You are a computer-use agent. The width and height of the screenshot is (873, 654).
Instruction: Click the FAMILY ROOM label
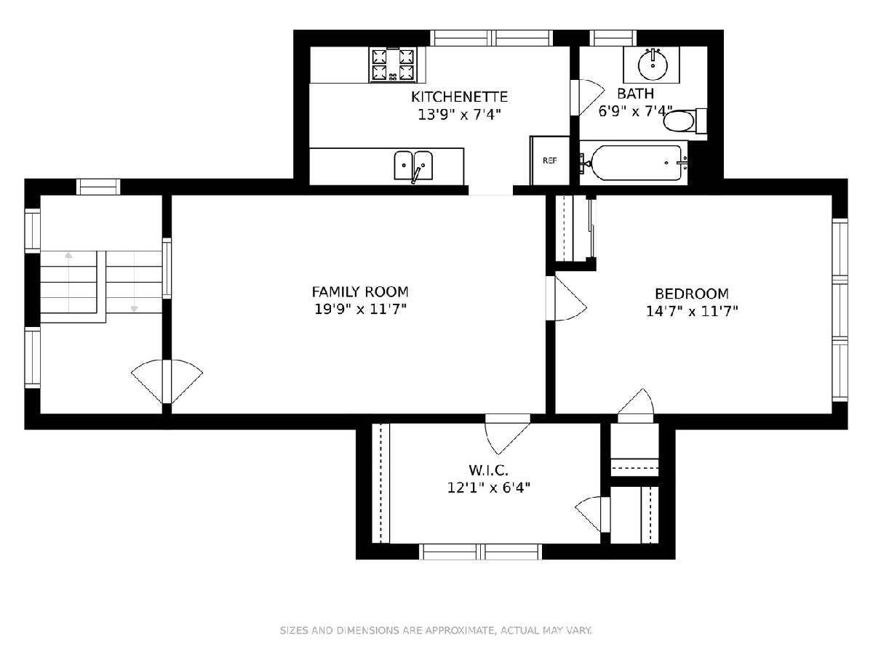point(360,292)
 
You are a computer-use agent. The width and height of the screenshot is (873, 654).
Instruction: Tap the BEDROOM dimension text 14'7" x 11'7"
point(692,311)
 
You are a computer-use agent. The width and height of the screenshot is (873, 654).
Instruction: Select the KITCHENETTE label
point(459,97)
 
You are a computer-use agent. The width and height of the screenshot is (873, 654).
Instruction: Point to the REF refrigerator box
point(550,161)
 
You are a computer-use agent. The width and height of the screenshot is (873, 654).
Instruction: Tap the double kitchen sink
point(413,166)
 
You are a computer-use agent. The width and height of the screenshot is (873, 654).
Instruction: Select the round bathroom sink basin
point(653,64)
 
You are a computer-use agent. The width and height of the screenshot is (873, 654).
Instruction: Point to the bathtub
point(634,163)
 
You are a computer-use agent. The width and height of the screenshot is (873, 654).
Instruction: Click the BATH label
point(636,94)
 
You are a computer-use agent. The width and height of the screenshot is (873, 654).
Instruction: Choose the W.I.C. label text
point(488,470)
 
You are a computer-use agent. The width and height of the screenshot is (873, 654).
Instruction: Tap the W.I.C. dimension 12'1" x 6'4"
point(489,487)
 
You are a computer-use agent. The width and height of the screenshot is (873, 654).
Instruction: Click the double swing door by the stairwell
point(167,381)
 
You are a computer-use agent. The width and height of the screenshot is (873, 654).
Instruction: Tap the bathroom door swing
point(587,97)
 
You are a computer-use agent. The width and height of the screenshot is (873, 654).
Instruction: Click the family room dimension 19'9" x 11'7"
point(360,309)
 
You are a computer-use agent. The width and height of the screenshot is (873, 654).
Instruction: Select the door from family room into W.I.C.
point(508,434)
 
